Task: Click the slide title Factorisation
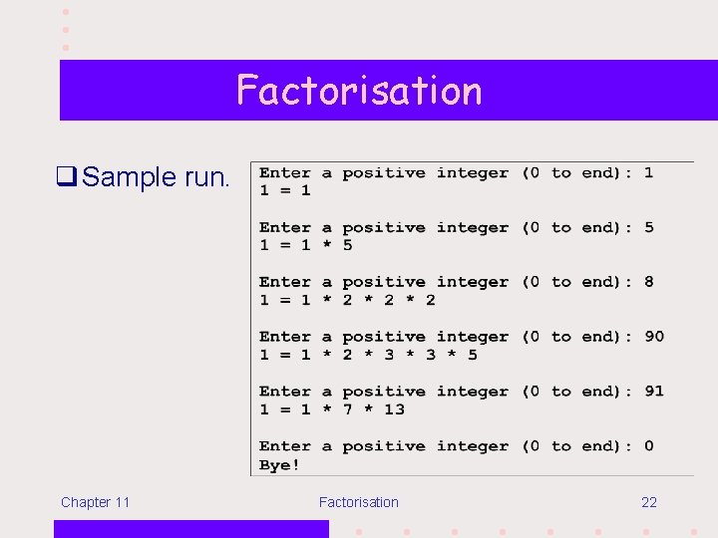359,91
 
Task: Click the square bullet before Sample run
68,178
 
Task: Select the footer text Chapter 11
95,502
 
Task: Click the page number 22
649,502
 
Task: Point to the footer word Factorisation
358,502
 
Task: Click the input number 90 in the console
654,337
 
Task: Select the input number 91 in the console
654,392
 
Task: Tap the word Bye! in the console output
279,465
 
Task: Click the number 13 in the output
394,409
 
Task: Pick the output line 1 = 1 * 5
306,245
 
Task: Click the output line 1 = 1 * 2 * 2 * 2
347,300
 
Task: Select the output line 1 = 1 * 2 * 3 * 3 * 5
368,355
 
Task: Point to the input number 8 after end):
649,282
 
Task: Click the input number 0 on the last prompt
649,446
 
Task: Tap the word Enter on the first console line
285,173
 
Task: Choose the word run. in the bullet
207,178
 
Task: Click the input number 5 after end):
649,227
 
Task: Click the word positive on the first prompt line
384,173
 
